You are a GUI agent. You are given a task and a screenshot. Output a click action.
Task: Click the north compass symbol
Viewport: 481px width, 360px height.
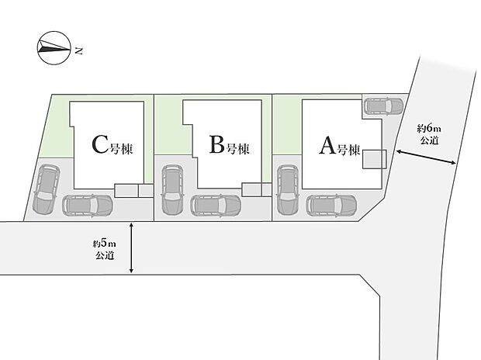(x=54, y=48)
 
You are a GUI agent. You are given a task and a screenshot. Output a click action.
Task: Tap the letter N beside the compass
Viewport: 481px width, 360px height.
(x=79, y=51)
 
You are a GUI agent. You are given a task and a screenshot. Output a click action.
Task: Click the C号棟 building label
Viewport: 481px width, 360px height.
(x=112, y=145)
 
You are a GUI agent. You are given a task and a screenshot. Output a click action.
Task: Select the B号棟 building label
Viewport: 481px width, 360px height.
(x=229, y=145)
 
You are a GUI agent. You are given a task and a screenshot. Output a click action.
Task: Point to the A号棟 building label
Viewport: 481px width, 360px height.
(x=340, y=146)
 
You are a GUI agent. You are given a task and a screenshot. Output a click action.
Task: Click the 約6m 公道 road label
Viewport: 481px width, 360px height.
(x=429, y=134)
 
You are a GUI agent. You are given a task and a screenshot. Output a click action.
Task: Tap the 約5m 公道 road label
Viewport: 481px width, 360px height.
(x=105, y=250)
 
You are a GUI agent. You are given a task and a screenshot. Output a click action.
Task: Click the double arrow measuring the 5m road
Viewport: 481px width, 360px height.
(x=131, y=248)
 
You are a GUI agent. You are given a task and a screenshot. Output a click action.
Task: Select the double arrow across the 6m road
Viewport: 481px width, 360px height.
(x=426, y=157)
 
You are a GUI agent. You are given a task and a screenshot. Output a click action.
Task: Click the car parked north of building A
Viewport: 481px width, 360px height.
(x=383, y=106)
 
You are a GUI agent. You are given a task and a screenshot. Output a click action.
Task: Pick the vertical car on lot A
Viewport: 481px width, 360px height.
(x=287, y=189)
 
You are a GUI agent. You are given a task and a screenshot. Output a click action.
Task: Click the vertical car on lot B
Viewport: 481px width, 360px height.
(x=172, y=189)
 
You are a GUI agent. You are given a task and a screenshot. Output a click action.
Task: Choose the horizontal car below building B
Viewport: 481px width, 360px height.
(x=216, y=206)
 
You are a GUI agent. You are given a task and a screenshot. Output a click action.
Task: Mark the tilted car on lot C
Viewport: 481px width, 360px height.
(x=46, y=189)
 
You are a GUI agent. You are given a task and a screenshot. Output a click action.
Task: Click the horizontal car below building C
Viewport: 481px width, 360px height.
(x=88, y=206)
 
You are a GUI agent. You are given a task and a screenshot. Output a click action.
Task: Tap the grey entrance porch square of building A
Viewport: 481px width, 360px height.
(x=374, y=159)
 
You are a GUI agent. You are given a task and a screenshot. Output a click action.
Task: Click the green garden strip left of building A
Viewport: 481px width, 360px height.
(x=287, y=125)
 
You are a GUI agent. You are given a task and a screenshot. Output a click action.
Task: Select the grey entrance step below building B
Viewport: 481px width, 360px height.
(x=257, y=190)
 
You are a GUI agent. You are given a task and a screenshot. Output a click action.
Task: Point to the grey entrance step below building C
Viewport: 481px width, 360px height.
(x=133, y=191)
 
